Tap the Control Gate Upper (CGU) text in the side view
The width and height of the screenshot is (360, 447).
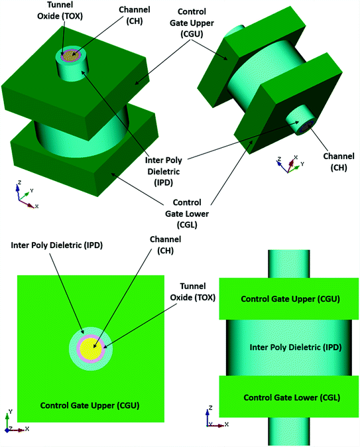tap(290, 299)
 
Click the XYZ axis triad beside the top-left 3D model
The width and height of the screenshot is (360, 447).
tap(23, 197)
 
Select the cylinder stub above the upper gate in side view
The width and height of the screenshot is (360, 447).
tap(290, 263)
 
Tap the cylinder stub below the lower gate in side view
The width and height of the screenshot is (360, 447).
tap(290, 432)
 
